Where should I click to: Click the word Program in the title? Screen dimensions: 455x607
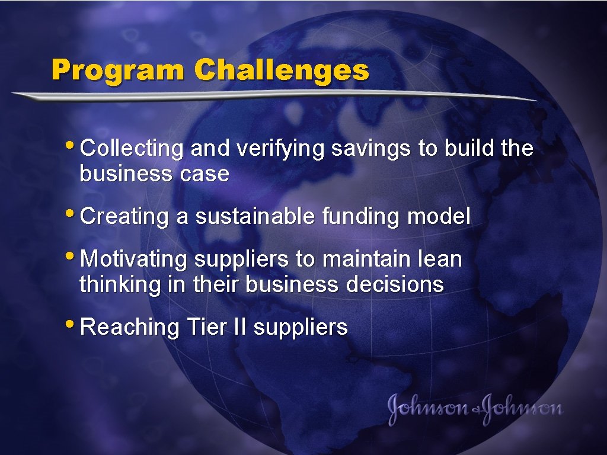tap(119, 71)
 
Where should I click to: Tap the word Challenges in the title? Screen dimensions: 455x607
tap(282, 71)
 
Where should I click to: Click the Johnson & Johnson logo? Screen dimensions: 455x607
tap(475, 408)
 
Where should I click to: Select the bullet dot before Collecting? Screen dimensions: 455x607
tap(73, 144)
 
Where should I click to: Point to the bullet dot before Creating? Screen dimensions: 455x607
tap(73, 212)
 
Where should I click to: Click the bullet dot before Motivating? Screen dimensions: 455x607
tap(73, 255)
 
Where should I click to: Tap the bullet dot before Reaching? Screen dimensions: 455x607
tap(73, 322)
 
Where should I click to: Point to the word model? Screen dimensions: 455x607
tap(439, 217)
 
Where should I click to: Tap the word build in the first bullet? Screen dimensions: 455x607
tap(469, 149)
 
